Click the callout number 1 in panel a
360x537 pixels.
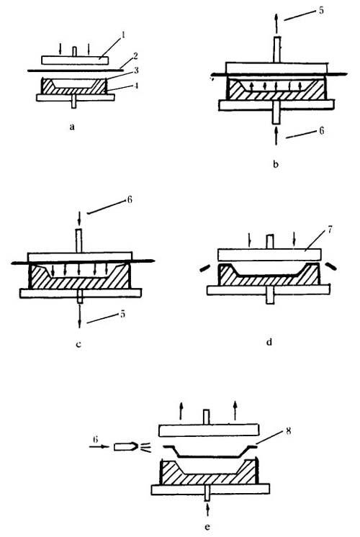pos(124,35)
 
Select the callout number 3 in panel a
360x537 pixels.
pos(136,71)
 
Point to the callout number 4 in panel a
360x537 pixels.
pos(136,86)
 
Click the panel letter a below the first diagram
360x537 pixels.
pos(71,127)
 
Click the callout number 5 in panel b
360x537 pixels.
pos(321,10)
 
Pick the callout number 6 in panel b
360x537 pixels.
pos(321,130)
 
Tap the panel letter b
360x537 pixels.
pos(276,164)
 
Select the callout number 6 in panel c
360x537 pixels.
pos(129,199)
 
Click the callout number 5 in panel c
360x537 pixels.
pos(122,314)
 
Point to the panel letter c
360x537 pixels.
pos(78,344)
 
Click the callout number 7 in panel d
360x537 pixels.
pos(329,230)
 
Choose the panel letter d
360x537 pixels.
pos(269,342)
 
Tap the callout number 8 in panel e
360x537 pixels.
pos(288,430)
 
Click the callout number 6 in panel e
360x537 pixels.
pos(95,439)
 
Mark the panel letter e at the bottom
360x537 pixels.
pos(207,527)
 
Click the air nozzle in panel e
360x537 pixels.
pos(126,446)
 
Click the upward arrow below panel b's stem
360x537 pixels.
pos(276,136)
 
